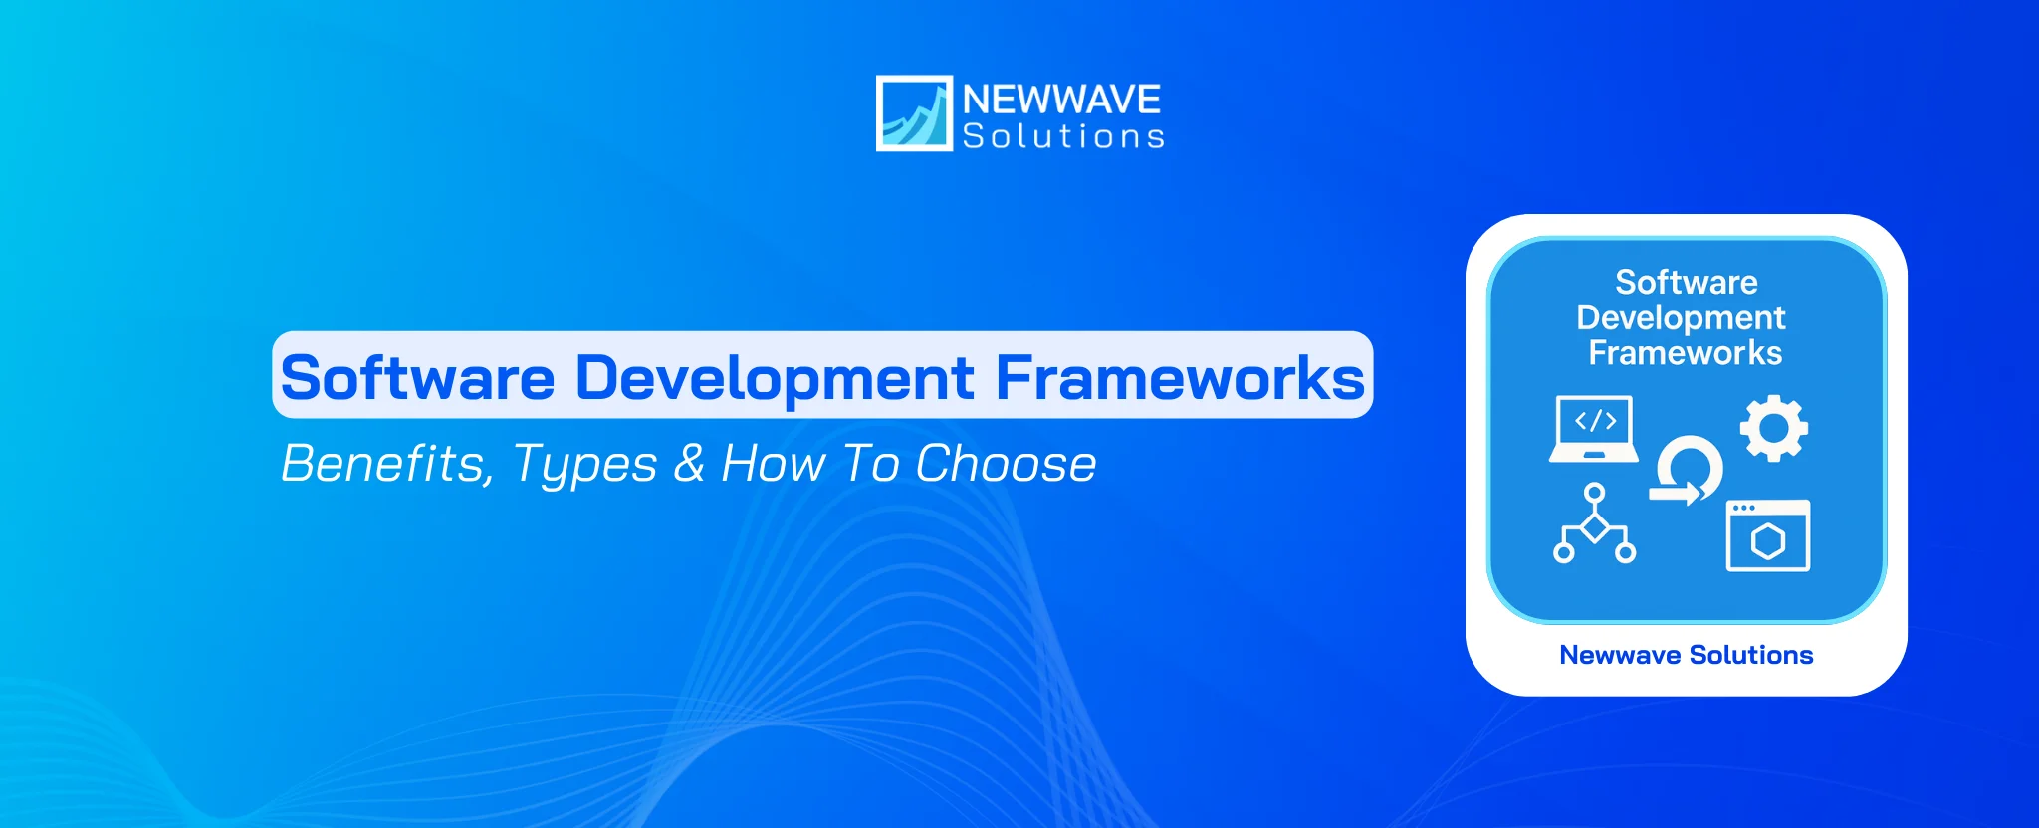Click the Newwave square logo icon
click(x=913, y=113)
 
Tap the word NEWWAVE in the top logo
click(x=1061, y=100)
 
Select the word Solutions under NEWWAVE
click(x=1063, y=136)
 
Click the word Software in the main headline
click(x=417, y=378)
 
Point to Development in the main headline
click(x=775, y=378)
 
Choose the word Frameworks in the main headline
click(x=1180, y=378)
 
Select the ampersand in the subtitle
click(x=689, y=464)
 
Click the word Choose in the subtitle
click(x=1006, y=464)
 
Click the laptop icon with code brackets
click(x=1594, y=429)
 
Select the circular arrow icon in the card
click(x=1687, y=471)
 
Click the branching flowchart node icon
click(x=1594, y=523)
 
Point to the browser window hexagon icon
click(x=1767, y=535)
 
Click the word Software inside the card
click(x=1686, y=283)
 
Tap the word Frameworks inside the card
click(x=1685, y=353)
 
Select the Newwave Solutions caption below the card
click(x=1686, y=655)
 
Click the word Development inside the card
click(x=1681, y=318)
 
